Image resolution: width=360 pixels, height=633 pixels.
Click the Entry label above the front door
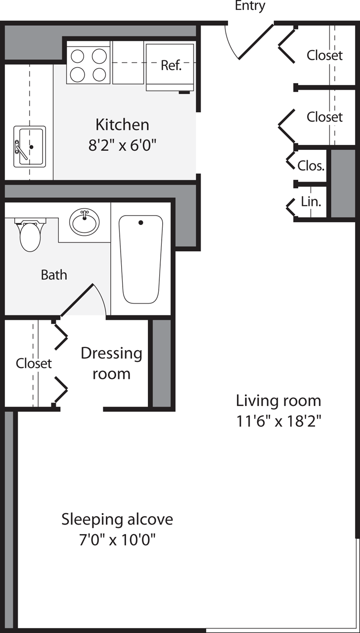click(250, 6)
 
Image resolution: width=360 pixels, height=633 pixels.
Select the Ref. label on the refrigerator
click(171, 65)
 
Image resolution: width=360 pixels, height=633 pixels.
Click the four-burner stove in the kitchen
click(88, 65)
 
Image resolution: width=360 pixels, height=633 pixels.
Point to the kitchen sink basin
click(29, 146)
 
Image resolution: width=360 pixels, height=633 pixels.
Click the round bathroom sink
click(84, 222)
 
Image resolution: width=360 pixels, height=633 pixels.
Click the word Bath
click(54, 275)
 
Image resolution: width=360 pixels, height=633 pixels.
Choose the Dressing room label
click(111, 363)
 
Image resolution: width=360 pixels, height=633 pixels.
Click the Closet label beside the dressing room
click(34, 363)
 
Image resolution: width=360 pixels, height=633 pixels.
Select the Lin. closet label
click(311, 202)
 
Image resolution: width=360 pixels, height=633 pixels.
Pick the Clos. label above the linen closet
click(311, 166)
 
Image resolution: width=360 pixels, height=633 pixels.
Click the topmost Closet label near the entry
click(324, 55)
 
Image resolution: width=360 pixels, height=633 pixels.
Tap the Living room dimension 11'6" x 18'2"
click(279, 422)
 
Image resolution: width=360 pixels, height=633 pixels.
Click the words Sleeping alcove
click(117, 519)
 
